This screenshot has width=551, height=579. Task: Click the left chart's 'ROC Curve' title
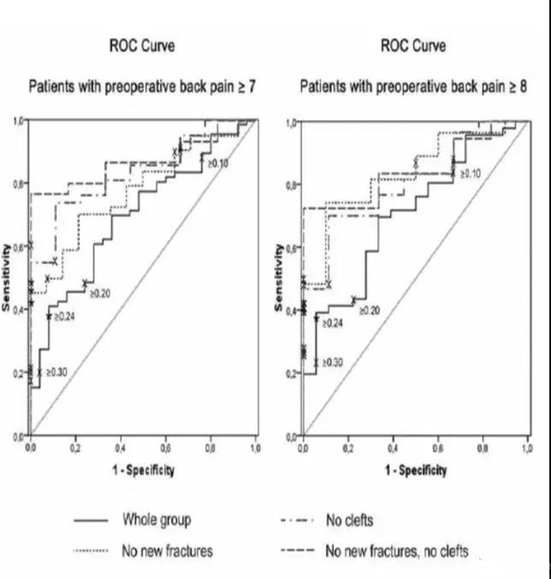[x=142, y=46]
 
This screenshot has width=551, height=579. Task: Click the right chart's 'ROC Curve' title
[x=413, y=46]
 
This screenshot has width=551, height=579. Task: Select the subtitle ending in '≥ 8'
[x=413, y=88]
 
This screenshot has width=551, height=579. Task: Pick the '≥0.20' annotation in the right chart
[x=369, y=311]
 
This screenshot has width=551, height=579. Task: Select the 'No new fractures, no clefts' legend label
[x=397, y=550]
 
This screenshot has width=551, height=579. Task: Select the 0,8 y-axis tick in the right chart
[x=292, y=185]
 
